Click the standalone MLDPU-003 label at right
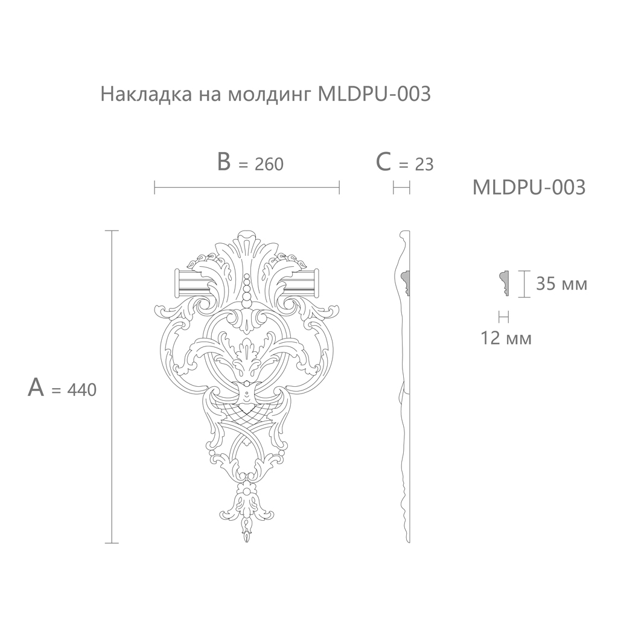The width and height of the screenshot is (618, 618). pyautogui.click(x=529, y=187)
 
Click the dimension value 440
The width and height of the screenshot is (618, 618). pyautogui.click(x=82, y=390)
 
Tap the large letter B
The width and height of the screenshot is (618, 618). pyautogui.click(x=224, y=162)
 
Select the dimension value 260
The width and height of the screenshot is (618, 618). pyautogui.click(x=269, y=164)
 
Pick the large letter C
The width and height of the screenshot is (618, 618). pyautogui.click(x=383, y=162)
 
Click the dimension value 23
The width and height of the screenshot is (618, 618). pyautogui.click(x=424, y=164)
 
